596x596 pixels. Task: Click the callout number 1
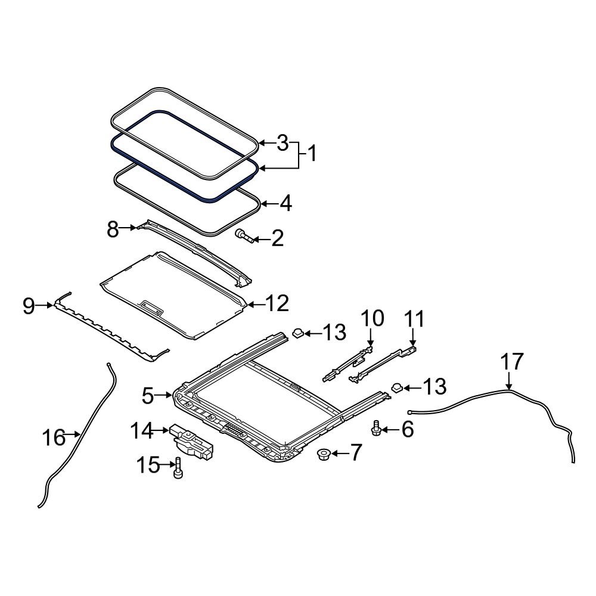pos(311,154)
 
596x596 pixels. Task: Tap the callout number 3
pos(283,142)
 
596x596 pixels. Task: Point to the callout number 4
pos(285,204)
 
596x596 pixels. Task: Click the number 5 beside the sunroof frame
pos(148,395)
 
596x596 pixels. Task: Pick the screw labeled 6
pos(376,428)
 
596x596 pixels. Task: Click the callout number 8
pos(113,228)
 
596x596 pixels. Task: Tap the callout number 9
pos(29,306)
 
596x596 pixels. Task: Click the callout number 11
pos(415,319)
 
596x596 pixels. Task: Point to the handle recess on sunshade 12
pos(152,307)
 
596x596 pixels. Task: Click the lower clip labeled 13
pos(396,388)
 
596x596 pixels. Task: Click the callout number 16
pos(53,437)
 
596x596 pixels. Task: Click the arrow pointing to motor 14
pos(161,429)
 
